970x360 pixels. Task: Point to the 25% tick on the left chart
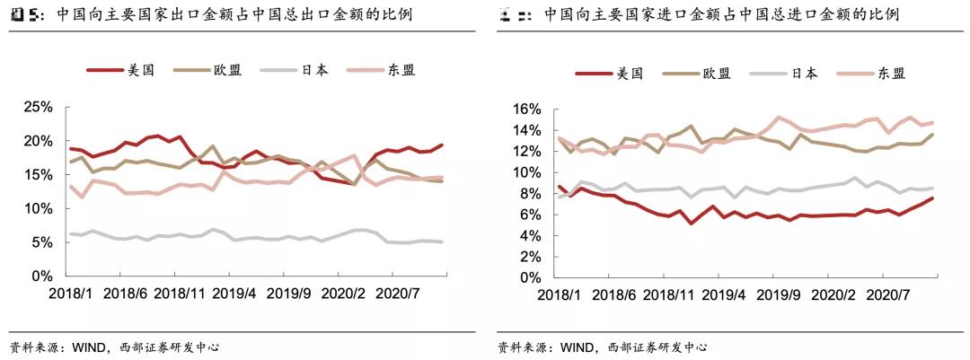pos(37,108)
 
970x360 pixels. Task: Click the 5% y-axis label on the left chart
pos(41,242)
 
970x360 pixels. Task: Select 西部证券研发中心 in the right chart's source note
pos(657,347)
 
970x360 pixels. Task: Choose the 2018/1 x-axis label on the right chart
pos(558,294)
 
